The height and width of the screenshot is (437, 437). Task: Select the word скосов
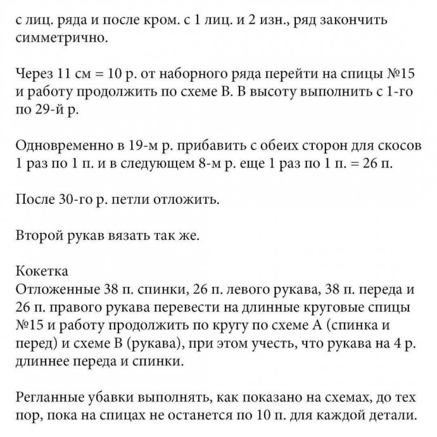396,146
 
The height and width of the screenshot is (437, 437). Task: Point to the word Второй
39,236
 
